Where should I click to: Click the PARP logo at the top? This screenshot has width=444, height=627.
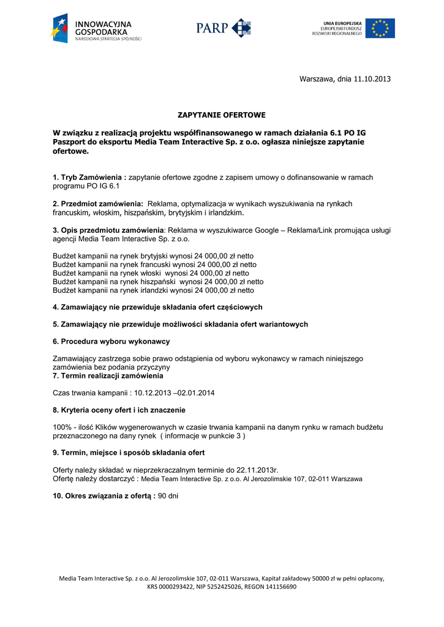coord(224,28)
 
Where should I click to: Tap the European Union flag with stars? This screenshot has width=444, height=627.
coord(380,28)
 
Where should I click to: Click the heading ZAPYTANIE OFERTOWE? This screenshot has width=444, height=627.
coord(222,115)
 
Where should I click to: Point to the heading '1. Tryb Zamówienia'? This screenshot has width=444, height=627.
coord(89,177)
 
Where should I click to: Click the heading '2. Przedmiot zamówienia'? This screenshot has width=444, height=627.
coord(98,203)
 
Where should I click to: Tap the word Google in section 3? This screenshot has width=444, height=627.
coord(269,230)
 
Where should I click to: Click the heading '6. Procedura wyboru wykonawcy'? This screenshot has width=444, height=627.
coord(111,341)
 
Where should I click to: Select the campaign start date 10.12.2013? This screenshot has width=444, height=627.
coord(153,392)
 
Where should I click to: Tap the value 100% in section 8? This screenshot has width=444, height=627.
coord(62,427)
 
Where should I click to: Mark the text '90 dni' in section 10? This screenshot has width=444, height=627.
coord(168,495)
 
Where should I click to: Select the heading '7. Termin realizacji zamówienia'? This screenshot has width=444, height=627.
coord(103,375)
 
